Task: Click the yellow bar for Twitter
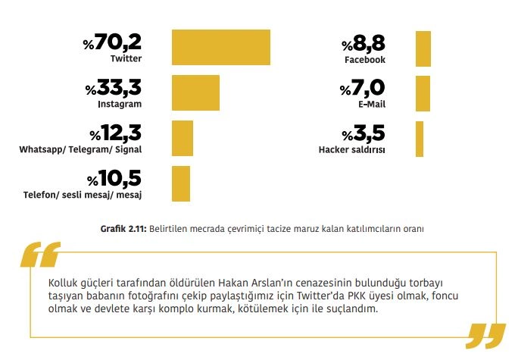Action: (x=221, y=48)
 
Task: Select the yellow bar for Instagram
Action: (x=195, y=93)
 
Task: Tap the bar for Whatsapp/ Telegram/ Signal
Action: (x=183, y=139)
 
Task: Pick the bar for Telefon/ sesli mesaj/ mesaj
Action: (x=181, y=183)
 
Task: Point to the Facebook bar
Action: (x=423, y=48)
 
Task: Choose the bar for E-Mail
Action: (x=422, y=93)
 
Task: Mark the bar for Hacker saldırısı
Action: (x=419, y=139)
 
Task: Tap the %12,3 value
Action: (x=116, y=134)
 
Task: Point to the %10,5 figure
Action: (x=114, y=179)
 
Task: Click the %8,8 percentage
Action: (x=364, y=43)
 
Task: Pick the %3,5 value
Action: (x=364, y=134)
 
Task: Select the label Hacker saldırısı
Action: (x=351, y=150)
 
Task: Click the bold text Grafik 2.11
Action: (x=123, y=228)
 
